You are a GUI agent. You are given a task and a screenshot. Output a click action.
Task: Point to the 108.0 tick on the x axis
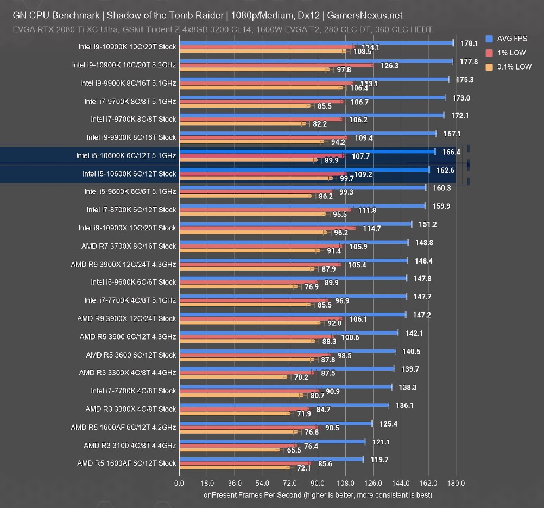(x=345, y=483)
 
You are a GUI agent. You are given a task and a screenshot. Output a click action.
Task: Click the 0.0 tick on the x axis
(x=179, y=483)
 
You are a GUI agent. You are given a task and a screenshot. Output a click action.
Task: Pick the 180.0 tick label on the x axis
(x=456, y=483)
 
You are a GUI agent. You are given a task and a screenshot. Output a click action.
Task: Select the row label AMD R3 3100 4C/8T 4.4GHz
(x=130, y=446)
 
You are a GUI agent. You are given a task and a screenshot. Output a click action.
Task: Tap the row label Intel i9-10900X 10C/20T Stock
(x=127, y=228)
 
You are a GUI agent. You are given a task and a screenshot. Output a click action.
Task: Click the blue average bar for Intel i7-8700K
(x=302, y=206)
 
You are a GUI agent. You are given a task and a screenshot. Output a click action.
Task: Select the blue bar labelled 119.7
(x=271, y=460)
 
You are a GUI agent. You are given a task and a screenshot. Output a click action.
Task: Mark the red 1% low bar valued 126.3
(x=276, y=65)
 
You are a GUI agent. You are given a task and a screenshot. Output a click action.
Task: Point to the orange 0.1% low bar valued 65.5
(x=229, y=450)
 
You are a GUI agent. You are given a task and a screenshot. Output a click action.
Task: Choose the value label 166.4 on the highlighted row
(x=451, y=152)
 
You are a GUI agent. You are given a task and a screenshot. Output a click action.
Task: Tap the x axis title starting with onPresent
(x=318, y=495)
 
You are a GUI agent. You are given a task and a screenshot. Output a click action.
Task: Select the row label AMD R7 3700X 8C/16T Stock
(x=129, y=246)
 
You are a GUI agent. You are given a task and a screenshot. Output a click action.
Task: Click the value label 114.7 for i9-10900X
(x=372, y=229)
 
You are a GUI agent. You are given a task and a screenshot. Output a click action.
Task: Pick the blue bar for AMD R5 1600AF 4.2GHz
(x=275, y=423)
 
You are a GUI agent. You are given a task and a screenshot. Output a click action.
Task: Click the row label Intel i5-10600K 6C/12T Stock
(x=129, y=174)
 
